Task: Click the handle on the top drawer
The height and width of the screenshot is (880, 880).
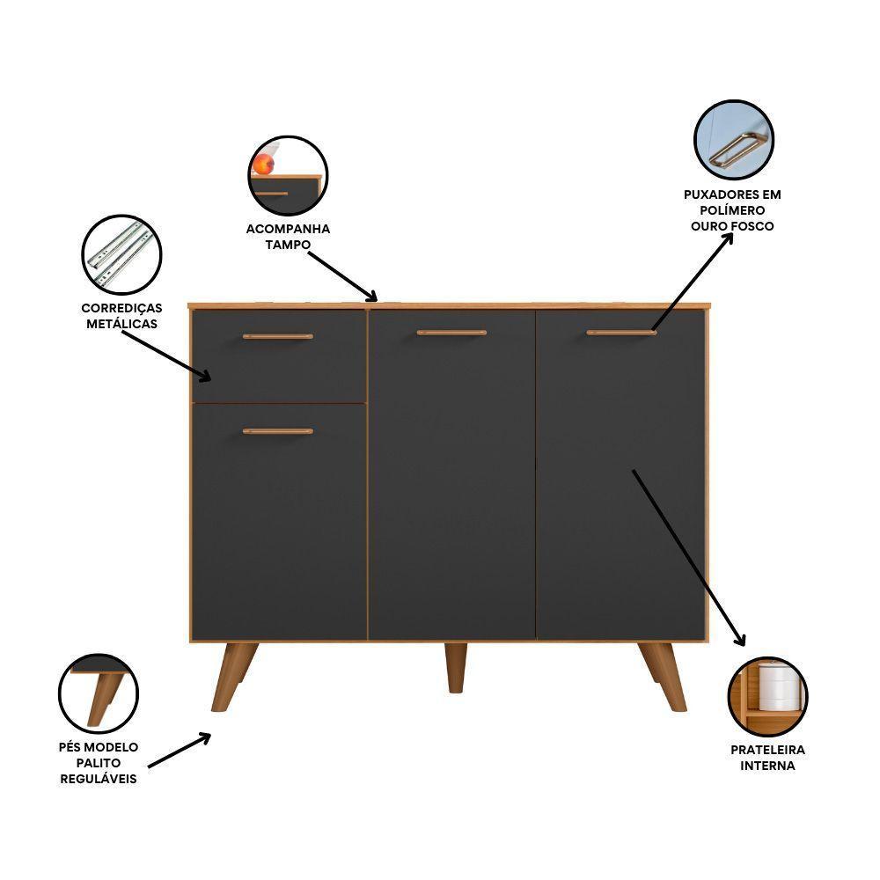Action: tap(278, 337)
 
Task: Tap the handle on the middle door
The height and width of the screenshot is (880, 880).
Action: tap(451, 333)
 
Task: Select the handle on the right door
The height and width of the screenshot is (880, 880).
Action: tap(621, 333)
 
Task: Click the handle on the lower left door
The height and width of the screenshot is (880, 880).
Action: tap(278, 431)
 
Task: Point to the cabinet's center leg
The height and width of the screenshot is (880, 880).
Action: tap(456, 667)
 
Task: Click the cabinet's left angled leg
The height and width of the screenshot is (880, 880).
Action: tap(233, 677)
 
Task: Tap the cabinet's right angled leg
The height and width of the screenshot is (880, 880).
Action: tap(664, 677)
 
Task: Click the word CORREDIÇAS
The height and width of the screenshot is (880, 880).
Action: tap(121, 308)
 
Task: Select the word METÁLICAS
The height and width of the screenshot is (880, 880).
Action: tap(121, 324)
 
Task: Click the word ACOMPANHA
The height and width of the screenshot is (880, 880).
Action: tap(288, 229)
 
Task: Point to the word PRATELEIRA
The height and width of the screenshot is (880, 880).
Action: tap(767, 750)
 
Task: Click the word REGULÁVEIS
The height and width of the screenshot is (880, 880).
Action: tap(99, 779)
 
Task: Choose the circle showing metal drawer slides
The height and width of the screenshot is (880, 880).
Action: tap(121, 255)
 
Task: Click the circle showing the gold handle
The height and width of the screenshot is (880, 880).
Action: tap(734, 140)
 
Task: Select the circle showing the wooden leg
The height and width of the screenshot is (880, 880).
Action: tap(99, 693)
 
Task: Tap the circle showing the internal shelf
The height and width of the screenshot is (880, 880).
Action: tap(767, 696)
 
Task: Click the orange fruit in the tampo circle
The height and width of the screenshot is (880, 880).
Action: tap(264, 165)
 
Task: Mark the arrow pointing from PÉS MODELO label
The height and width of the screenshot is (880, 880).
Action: tap(180, 750)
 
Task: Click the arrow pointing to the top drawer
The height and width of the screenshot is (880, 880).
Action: tap(166, 356)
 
